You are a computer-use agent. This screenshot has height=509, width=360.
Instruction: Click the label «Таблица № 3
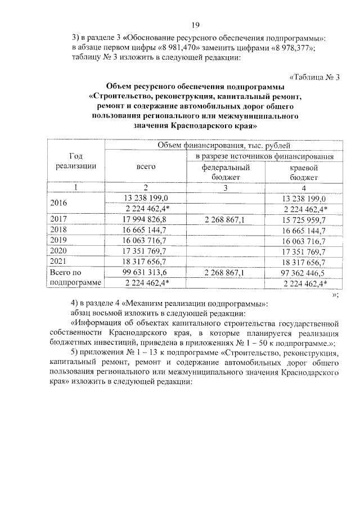[314, 78]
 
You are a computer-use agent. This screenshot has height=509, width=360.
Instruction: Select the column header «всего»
[146, 166]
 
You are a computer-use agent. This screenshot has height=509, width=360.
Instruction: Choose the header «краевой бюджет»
[304, 172]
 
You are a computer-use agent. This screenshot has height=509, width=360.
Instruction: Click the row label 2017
[58, 219]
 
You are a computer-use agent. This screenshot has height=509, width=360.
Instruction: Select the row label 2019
[58, 240]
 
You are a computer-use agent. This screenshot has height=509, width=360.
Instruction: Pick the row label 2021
[58, 262]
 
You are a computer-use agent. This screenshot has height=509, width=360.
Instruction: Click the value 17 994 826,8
[146, 219]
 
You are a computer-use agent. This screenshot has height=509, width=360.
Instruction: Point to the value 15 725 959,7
[304, 219]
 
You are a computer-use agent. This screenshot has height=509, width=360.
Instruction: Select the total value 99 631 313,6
[146, 273]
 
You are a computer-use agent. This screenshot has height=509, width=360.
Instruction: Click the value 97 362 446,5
[304, 273]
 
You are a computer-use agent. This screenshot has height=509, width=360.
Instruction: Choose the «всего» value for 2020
[146, 251]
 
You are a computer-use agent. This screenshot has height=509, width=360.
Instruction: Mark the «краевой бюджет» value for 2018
[304, 229]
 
